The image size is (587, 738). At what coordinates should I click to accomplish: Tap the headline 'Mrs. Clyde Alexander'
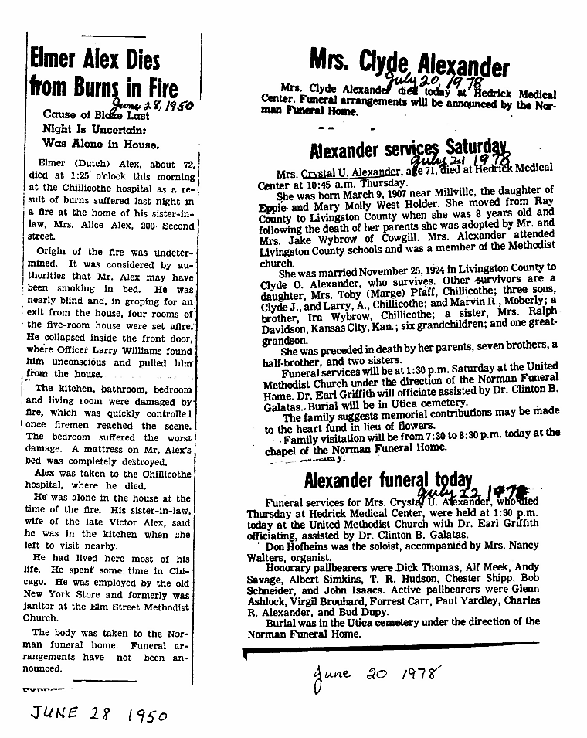point(409,62)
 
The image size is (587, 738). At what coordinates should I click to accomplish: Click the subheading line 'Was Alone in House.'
point(102,144)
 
